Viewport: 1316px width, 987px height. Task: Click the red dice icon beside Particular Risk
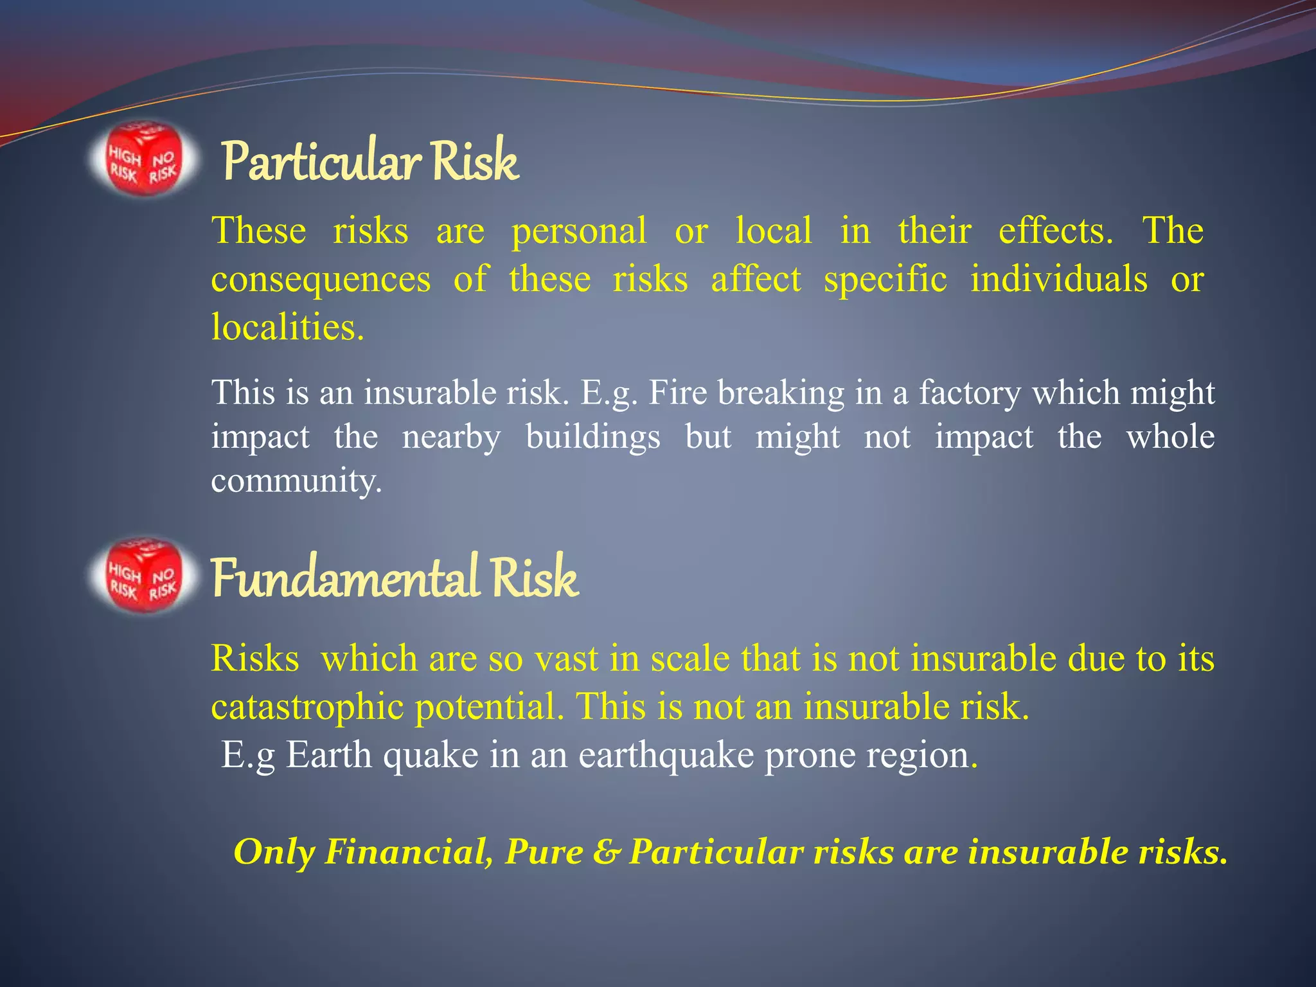pyautogui.click(x=143, y=159)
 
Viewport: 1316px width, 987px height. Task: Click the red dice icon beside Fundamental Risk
pyautogui.click(x=143, y=575)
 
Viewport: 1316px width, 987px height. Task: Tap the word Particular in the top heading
pyautogui.click(x=321, y=162)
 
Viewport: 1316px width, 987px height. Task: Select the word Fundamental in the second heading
pyautogui.click(x=344, y=578)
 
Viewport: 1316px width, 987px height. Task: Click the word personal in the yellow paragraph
pyautogui.click(x=578, y=231)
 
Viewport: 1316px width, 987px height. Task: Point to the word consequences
pyautogui.click(x=321, y=280)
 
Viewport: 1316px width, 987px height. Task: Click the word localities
pyautogui.click(x=287, y=327)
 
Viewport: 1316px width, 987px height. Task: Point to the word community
pyautogui.click(x=296, y=481)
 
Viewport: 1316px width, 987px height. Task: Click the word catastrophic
pyautogui.click(x=307, y=707)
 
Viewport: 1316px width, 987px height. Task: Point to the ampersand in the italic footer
pyautogui.click(x=605, y=853)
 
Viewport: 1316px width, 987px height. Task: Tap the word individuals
pyautogui.click(x=1058, y=280)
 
